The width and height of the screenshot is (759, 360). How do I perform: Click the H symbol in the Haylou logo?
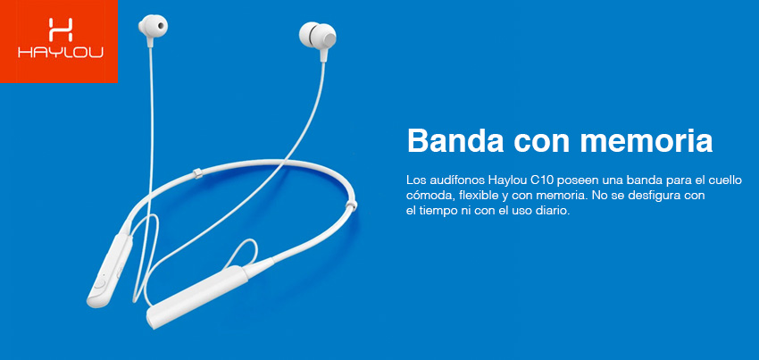point(61,29)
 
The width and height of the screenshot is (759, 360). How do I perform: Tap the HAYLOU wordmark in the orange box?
point(60,53)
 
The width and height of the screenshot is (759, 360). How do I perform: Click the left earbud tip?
point(153,25)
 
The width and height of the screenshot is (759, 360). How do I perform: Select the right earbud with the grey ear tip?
point(318,36)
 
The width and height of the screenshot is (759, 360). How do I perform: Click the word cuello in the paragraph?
point(725,180)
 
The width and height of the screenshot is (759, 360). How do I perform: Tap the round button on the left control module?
point(100,284)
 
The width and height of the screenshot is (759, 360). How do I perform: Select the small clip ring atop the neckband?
point(196,174)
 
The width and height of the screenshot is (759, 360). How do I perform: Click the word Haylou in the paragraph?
point(508,180)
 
